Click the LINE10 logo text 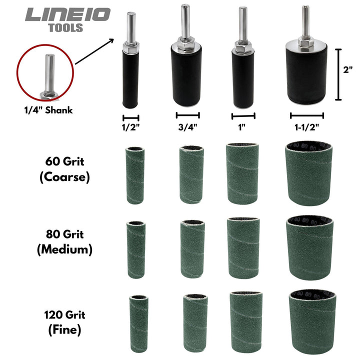point(67,15)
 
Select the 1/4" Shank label point(45,110)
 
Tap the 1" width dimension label point(242,126)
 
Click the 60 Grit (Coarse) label point(64,170)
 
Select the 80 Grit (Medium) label point(64,242)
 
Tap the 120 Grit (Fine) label point(64,322)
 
